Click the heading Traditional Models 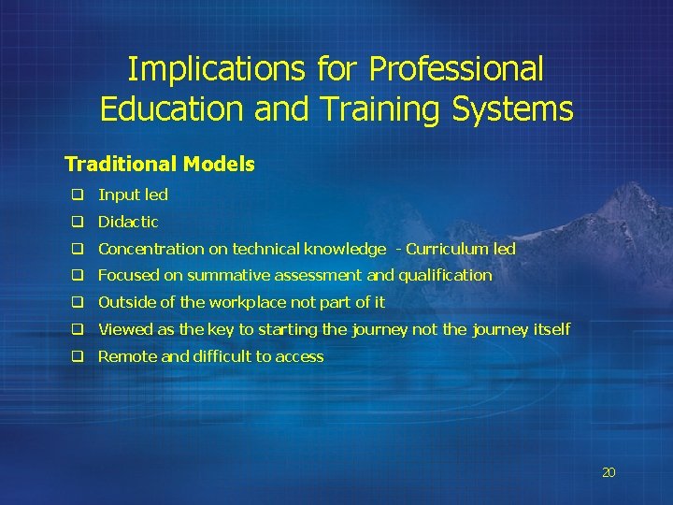(159, 165)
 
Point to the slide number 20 (609, 473)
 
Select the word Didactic (128, 222)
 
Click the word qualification (445, 276)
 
